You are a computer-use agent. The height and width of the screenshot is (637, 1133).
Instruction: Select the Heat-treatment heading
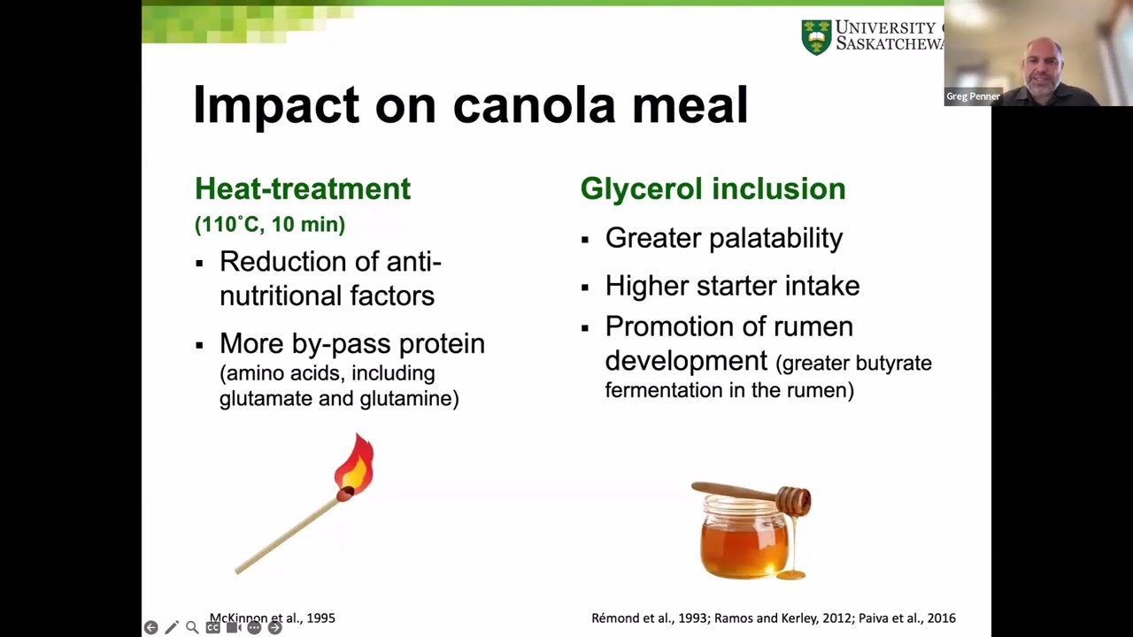[x=303, y=188]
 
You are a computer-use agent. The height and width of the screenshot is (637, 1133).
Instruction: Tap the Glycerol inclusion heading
[x=713, y=188]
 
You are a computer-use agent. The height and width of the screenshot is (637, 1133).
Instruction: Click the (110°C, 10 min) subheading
[x=270, y=225]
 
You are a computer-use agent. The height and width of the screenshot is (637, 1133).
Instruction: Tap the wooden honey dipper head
[x=793, y=501]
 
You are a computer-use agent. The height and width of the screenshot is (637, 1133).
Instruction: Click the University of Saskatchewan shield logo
[x=816, y=38]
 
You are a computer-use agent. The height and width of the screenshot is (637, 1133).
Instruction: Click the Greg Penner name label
[x=973, y=96]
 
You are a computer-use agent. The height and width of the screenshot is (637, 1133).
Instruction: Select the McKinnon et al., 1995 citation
[x=273, y=618]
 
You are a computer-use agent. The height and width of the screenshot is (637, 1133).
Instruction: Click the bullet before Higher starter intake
[x=585, y=287]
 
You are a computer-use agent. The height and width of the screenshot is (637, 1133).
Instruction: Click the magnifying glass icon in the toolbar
[x=192, y=627]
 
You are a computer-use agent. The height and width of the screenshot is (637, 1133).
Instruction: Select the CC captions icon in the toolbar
[x=212, y=627]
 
